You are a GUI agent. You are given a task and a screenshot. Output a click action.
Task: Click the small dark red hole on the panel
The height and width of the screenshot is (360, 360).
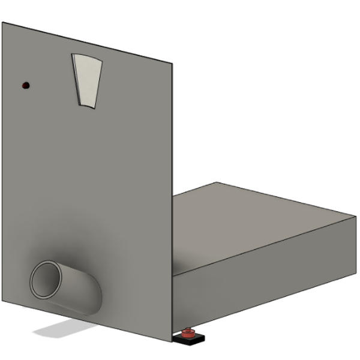(x=25, y=86)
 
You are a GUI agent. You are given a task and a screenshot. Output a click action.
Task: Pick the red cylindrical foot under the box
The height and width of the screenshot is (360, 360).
(x=188, y=334)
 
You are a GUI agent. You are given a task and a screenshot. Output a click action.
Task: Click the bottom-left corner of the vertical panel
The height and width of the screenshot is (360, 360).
(x=2, y=303)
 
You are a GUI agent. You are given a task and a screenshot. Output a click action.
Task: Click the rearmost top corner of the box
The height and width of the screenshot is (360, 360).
(x=217, y=182)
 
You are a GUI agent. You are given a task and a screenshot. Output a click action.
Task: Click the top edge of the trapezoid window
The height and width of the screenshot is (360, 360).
(x=87, y=56)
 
